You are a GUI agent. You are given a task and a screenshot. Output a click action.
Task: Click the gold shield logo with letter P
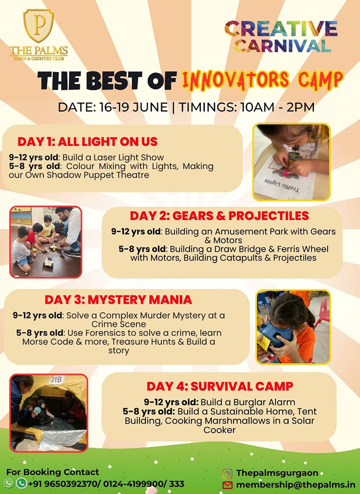point(39,26)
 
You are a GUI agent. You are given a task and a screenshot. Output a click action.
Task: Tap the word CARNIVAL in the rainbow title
point(282,46)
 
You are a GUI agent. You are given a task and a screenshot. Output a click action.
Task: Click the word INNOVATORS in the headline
point(236,80)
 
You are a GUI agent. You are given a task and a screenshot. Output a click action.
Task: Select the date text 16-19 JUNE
point(134,108)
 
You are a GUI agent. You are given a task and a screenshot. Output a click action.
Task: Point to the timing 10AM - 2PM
point(277,108)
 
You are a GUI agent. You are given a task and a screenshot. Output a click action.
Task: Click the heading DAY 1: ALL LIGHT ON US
point(87,142)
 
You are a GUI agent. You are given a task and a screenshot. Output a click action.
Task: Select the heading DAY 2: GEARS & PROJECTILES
point(220,216)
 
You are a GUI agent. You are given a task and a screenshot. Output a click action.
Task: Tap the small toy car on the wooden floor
point(48,262)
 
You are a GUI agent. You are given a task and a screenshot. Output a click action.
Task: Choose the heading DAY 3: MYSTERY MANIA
point(118,299)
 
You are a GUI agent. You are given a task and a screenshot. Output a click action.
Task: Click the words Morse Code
point(48,342)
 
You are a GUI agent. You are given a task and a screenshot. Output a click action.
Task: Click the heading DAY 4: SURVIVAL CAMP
point(220,386)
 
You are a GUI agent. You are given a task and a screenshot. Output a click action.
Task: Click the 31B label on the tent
point(56,380)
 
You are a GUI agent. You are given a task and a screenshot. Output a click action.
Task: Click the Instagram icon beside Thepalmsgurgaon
point(227,473)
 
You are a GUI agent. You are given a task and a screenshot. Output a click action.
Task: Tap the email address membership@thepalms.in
point(296,484)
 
